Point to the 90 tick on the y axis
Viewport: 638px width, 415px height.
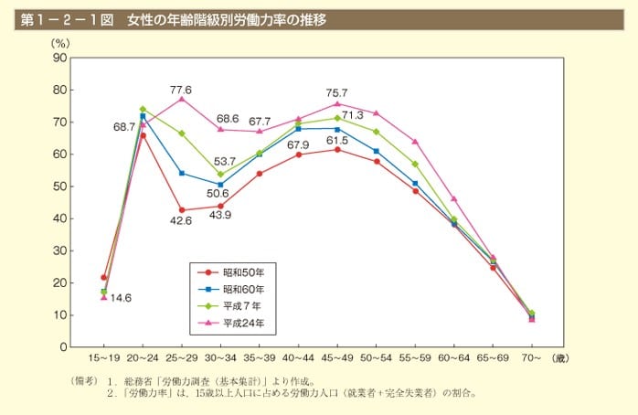[x=60, y=58]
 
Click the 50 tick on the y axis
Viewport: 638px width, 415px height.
[x=60, y=186]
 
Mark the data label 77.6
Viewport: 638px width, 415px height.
[x=180, y=90]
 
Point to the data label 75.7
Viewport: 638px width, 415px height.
[x=336, y=93]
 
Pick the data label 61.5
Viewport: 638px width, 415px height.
[x=337, y=140]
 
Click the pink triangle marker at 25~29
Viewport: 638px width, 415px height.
[x=181, y=98]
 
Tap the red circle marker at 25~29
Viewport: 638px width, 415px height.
[x=181, y=209]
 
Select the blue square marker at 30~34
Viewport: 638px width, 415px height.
[x=220, y=185]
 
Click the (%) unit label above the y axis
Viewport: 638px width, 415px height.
[x=60, y=43]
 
